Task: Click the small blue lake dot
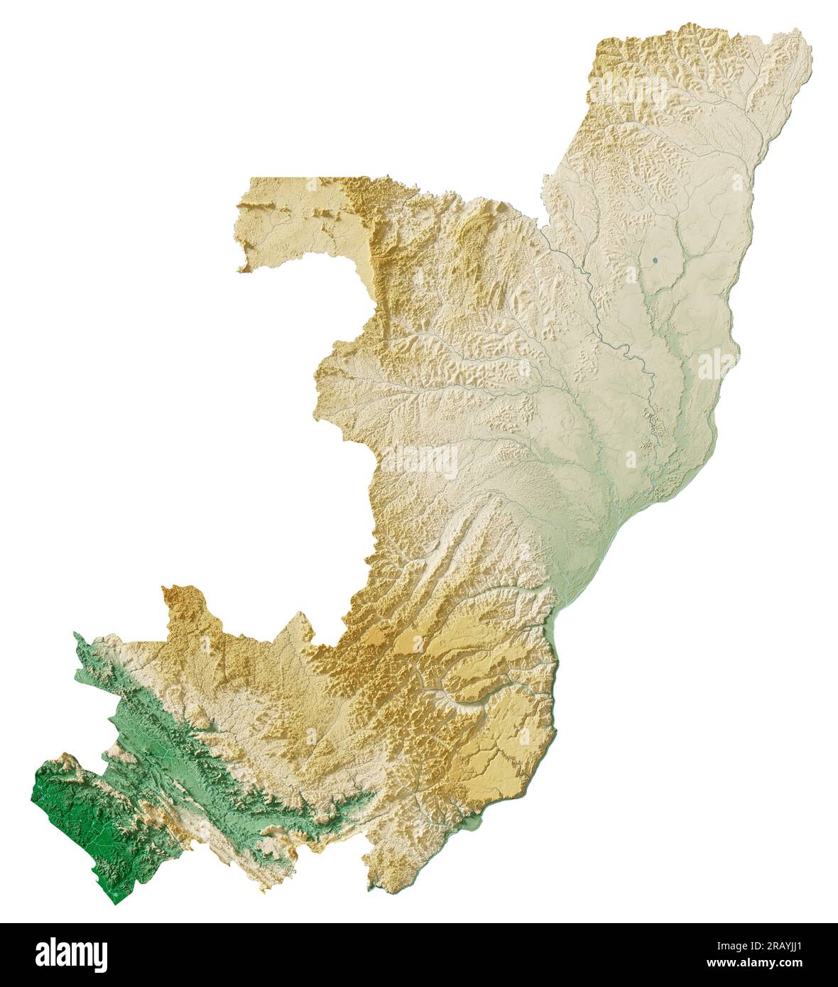tap(655, 261)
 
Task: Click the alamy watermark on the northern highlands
tap(632, 92)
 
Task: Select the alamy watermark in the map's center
tap(419, 462)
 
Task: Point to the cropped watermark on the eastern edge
tap(717, 364)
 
